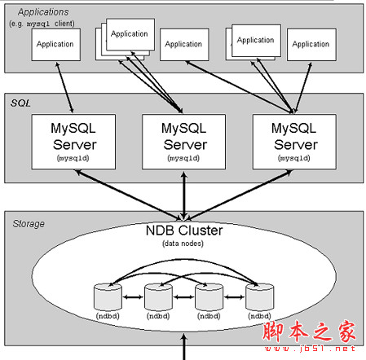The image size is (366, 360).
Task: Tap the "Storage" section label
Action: [29, 222]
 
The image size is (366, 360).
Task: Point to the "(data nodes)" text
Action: [183, 243]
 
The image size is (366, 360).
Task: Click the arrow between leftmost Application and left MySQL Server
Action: [64, 88]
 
